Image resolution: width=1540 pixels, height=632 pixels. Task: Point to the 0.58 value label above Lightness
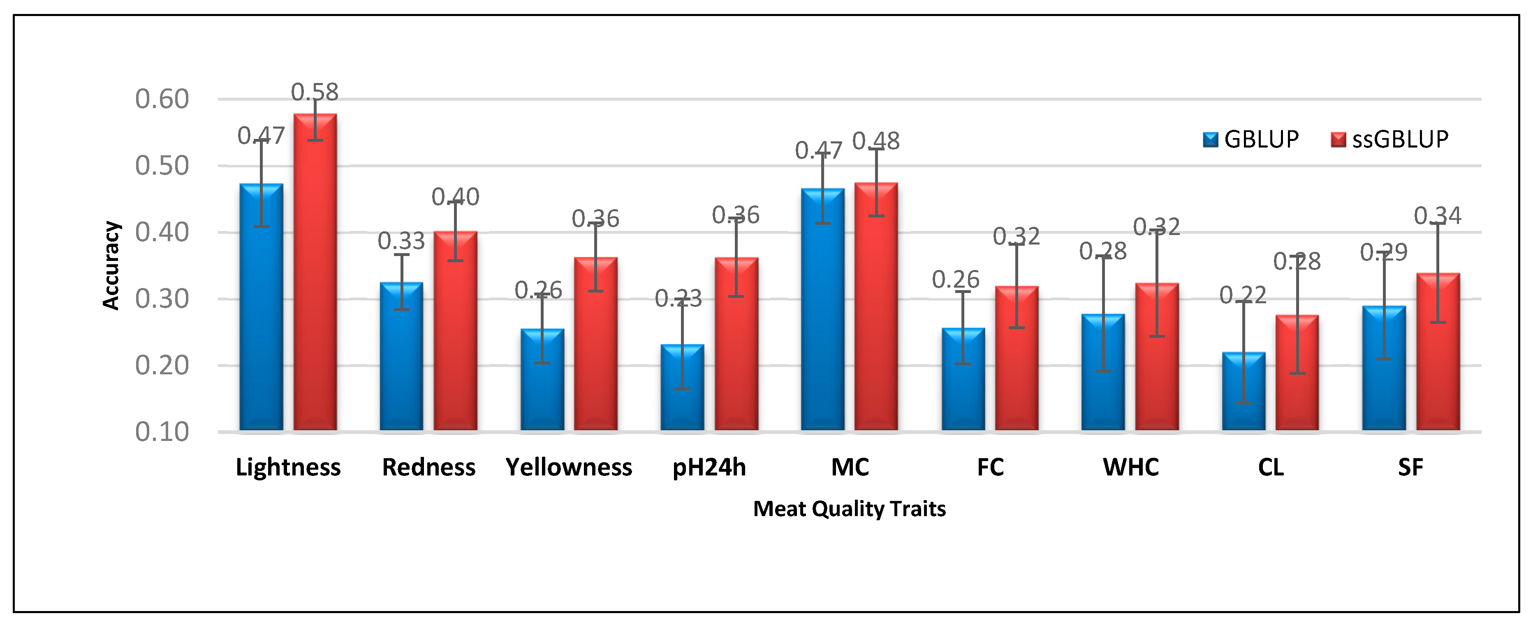tap(315, 92)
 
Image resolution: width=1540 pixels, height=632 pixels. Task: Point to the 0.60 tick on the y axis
tap(162, 99)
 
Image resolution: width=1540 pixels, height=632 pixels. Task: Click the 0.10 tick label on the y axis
tap(162, 431)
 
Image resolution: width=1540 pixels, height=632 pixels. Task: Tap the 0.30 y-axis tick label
tap(162, 299)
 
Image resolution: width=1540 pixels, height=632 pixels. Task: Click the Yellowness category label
tap(569, 467)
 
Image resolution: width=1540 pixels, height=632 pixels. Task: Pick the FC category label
tap(990, 467)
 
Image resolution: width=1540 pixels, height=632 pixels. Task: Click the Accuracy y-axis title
tap(111, 265)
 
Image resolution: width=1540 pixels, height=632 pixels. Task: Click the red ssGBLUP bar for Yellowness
tap(595, 344)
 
